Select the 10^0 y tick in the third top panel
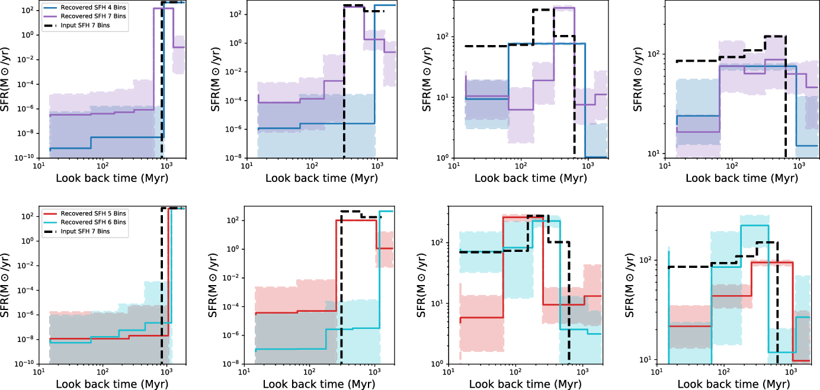[x=441, y=158]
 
